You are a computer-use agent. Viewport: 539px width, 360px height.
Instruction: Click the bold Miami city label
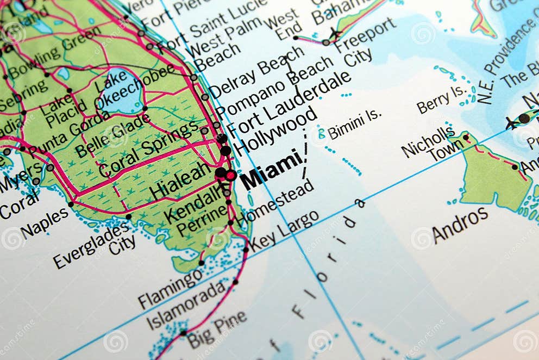271,169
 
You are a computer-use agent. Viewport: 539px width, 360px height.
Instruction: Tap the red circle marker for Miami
231,175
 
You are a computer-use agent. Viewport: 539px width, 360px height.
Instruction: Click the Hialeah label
180,181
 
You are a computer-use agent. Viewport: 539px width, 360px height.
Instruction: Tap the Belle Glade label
112,135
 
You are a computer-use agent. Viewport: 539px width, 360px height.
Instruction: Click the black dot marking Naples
71,204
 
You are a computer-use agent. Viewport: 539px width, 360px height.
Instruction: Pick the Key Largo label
284,231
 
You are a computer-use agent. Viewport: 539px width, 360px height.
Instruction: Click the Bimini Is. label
354,125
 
